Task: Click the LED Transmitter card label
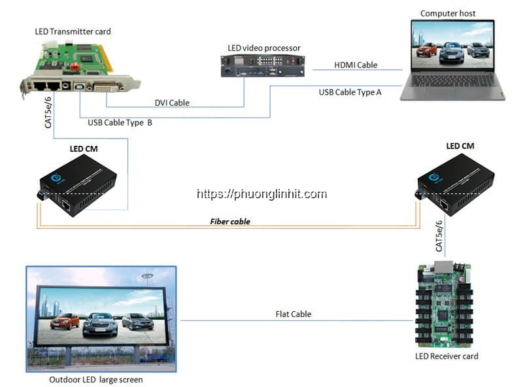72,31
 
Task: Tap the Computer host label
448,13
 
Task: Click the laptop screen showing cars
452,44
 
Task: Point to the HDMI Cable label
356,65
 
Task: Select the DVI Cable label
172,103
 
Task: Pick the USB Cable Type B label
120,122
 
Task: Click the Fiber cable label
230,222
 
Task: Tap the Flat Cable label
293,314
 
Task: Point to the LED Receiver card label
447,356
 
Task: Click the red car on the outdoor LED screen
65,321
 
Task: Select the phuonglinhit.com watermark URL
261,194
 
